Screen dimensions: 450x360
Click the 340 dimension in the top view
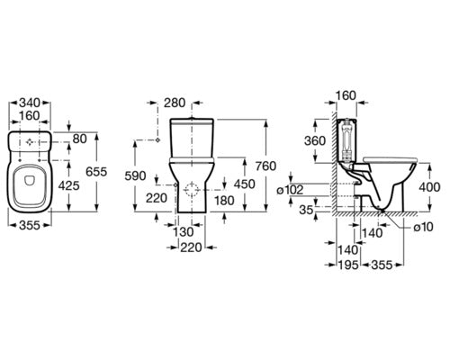(30, 103)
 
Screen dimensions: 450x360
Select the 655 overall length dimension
(96, 172)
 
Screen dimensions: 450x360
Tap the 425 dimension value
(68, 186)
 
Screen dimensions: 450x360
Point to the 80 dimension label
(79, 139)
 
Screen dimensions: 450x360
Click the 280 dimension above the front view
(175, 103)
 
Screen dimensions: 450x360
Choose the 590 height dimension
(135, 176)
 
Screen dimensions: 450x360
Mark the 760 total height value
(265, 166)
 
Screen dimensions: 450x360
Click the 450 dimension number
(245, 184)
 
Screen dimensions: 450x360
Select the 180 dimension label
(224, 201)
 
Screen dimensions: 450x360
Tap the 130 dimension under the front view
(184, 231)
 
